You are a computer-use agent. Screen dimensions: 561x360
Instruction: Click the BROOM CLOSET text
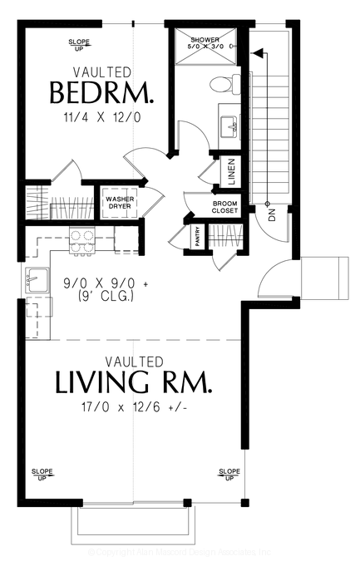pos(224,207)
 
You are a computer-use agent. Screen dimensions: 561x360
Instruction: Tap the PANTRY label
pos(198,236)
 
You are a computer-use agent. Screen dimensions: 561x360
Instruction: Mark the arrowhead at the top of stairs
pos(259,54)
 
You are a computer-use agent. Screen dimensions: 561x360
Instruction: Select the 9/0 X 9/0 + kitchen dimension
pos(106,283)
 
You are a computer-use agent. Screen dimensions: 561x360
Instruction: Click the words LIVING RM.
pos(133,383)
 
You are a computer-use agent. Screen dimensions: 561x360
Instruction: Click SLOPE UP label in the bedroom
pos(79,44)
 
